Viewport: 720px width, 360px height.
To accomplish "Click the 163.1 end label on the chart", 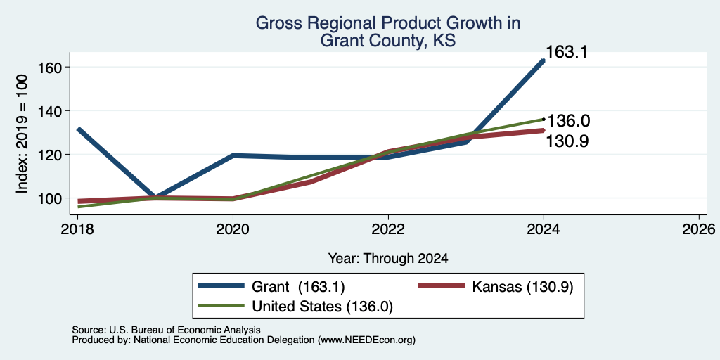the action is pyautogui.click(x=567, y=52).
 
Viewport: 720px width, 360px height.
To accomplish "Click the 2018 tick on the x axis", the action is pyautogui.click(x=77, y=229).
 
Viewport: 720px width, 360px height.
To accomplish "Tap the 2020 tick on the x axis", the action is pyautogui.click(x=233, y=229).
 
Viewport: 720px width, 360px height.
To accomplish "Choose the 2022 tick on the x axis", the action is pyautogui.click(x=388, y=229).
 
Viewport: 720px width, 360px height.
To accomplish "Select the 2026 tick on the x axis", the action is pyautogui.click(x=699, y=229).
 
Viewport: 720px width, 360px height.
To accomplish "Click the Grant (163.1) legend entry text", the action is pyautogui.click(x=298, y=287).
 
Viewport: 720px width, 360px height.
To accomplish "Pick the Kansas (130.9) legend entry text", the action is pyautogui.click(x=522, y=287).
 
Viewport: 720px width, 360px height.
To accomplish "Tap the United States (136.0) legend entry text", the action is pyautogui.click(x=322, y=307).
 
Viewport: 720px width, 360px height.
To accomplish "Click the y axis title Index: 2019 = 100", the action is pyautogui.click(x=22, y=134).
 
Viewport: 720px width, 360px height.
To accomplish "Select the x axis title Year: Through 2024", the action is pyautogui.click(x=388, y=259).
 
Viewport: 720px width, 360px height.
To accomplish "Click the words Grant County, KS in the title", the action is pyautogui.click(x=388, y=40).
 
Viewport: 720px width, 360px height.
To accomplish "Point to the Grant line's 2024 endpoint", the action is pyautogui.click(x=544, y=60).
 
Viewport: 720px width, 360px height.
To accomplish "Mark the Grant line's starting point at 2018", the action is pyautogui.click(x=78, y=129).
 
